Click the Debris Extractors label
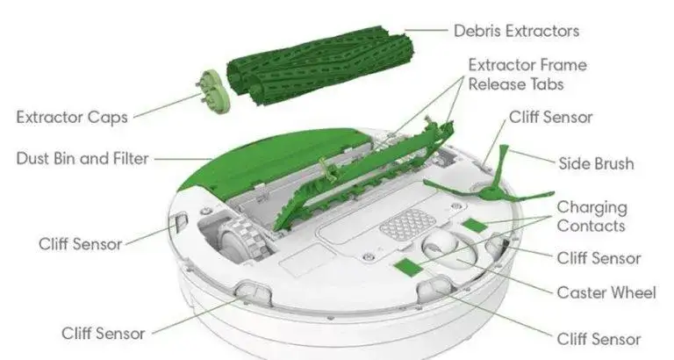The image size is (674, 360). [x=516, y=31]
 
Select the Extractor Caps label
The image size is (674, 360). [x=73, y=116]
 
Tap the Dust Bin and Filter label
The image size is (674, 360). [x=82, y=159]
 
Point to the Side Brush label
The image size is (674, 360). [x=596, y=163]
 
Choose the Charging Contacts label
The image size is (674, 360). [x=592, y=216]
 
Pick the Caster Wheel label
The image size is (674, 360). [x=606, y=292]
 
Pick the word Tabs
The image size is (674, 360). [x=542, y=84]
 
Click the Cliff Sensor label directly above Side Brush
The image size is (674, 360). [x=550, y=117]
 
